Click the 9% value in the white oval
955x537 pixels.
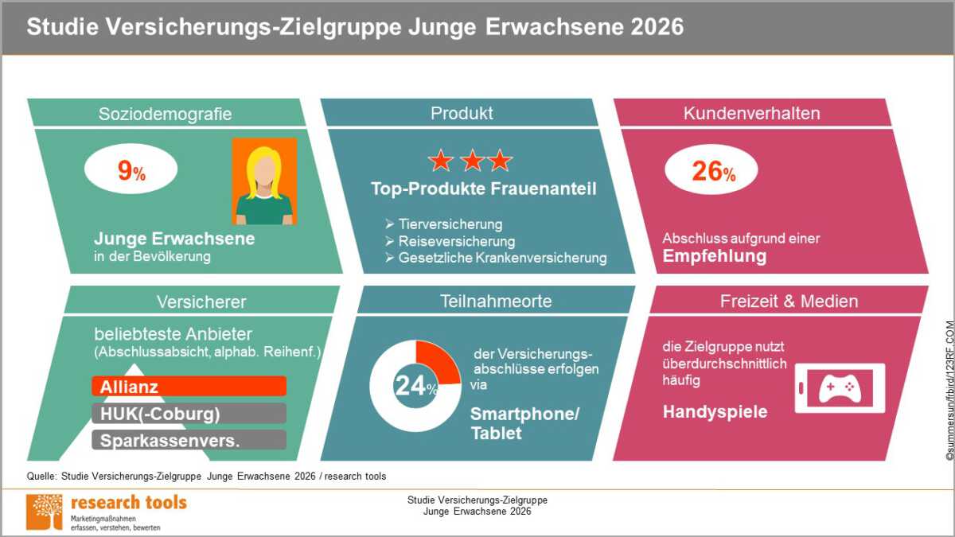131,171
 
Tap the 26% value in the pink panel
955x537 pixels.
713,171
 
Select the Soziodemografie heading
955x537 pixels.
165,115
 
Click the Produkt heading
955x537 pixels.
462,113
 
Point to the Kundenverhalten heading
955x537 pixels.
751,113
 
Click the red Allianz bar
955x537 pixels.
189,386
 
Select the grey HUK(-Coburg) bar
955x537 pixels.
189,414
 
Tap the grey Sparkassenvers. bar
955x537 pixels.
189,440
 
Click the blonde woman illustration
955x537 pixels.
264,181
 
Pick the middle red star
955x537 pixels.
473,160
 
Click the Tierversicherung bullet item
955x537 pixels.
444,224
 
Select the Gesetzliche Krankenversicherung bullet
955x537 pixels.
496,258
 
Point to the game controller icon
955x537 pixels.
840,388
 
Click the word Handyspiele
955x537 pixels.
715,412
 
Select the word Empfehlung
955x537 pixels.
715,256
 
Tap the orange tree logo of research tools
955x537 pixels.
45,512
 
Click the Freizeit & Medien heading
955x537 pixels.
789,302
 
